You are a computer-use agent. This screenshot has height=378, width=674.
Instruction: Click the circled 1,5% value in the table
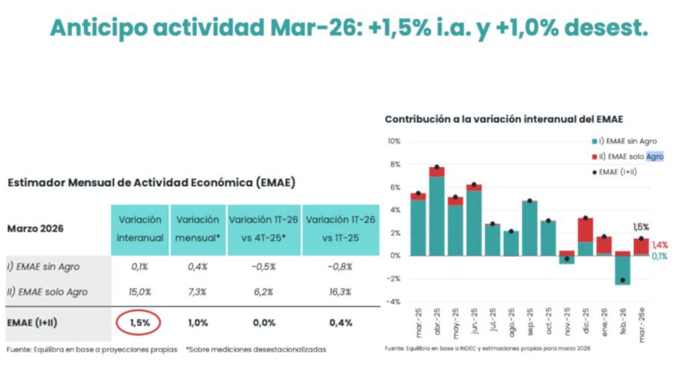pyautogui.click(x=139, y=323)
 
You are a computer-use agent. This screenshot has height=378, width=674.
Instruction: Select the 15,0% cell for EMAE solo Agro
pyautogui.click(x=139, y=292)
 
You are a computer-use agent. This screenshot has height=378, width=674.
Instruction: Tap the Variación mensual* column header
pyautogui.click(x=198, y=228)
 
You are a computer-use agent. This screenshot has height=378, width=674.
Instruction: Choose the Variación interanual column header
pyautogui.click(x=139, y=228)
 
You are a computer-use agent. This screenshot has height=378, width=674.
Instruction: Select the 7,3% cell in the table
pyautogui.click(x=198, y=292)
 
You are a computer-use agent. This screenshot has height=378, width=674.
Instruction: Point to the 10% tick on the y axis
pyautogui.click(x=394, y=141)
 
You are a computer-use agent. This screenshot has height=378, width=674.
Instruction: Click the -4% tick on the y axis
pyautogui.click(x=393, y=302)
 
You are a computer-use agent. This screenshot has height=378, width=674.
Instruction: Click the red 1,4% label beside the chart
pyautogui.click(x=659, y=245)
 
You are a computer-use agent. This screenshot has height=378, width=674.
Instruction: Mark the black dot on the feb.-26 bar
pyautogui.click(x=623, y=280)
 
